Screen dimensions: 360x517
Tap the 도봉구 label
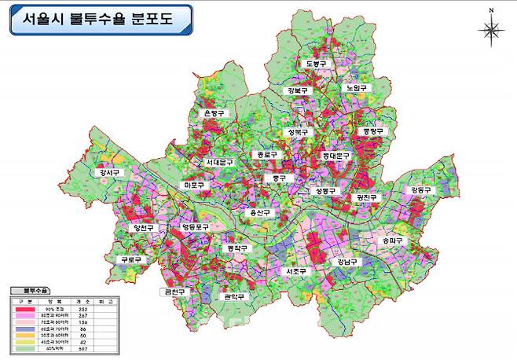316,64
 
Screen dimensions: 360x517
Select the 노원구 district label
357,88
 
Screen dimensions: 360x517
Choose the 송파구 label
391,240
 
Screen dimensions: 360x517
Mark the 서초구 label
296,271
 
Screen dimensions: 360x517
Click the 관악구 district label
235,296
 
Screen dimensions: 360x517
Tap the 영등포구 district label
196,227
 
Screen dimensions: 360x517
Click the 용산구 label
259,212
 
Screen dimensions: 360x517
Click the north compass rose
490,30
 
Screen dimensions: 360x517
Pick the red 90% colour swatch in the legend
25,308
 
